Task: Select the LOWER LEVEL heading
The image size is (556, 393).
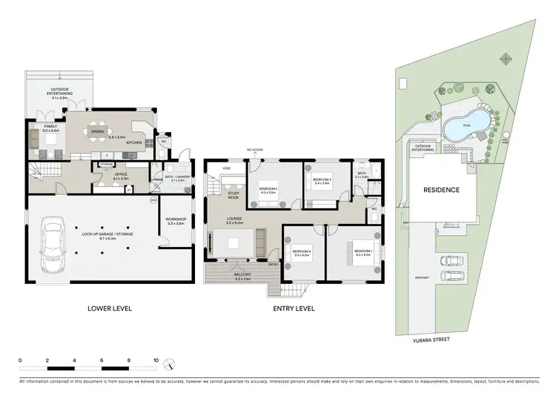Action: tap(109, 308)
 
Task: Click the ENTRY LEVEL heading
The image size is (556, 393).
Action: tap(294, 308)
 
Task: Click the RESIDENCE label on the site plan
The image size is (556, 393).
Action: tap(442, 190)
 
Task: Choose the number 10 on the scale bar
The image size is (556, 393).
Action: tap(156, 360)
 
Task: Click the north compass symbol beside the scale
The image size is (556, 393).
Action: tap(172, 366)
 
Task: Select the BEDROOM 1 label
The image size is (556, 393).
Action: tap(363, 251)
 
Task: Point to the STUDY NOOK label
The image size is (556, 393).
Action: tap(234, 196)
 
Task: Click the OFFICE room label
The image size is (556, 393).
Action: tap(100, 174)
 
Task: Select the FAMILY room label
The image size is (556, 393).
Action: tap(50, 127)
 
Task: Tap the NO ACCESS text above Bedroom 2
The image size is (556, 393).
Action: tap(256, 151)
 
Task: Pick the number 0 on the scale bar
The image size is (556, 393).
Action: tap(20, 360)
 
